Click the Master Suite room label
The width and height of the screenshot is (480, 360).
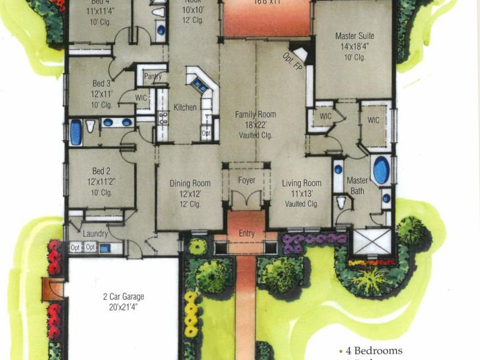pyautogui.click(x=354, y=36)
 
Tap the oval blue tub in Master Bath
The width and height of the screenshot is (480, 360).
pyautogui.click(x=381, y=170)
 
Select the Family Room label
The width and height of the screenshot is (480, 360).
pyautogui.click(x=255, y=114)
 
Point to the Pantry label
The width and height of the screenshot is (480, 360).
pyautogui.click(x=152, y=76)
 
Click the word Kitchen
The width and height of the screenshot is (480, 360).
pyautogui.click(x=185, y=107)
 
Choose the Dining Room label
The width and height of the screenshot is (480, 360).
pyautogui.click(x=189, y=183)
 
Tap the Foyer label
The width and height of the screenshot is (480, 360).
pyautogui.click(x=246, y=180)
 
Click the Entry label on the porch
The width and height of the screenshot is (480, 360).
pyautogui.click(x=246, y=233)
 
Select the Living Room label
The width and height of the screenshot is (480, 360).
pyautogui.click(x=301, y=183)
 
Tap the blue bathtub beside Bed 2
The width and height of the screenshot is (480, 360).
pyautogui.click(x=75, y=132)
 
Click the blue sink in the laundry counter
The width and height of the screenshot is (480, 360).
pyautogui.click(x=105, y=248)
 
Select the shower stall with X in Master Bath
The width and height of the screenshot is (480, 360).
pyautogui.click(x=372, y=242)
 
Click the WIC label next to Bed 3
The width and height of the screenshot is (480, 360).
pyautogui.click(x=141, y=98)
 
